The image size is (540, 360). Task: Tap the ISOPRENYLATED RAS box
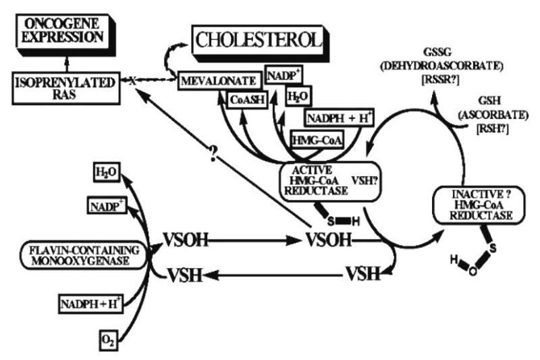click(66, 88)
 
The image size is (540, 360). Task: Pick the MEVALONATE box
click(219, 81)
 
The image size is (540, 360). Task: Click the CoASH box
click(248, 100)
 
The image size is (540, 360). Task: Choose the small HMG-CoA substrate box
click(317, 140)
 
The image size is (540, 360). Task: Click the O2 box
click(109, 340)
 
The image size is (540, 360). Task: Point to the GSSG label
click(437, 52)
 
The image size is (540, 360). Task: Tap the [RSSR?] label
click(440, 80)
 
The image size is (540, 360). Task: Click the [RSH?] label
click(493, 129)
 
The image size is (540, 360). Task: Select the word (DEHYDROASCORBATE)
click(441, 66)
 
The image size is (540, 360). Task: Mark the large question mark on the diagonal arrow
click(213, 153)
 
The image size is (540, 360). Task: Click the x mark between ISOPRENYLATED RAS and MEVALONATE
click(132, 81)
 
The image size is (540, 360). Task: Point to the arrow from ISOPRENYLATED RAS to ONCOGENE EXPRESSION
click(67, 64)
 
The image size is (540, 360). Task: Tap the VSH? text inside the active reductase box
click(364, 180)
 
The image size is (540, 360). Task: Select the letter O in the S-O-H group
click(473, 272)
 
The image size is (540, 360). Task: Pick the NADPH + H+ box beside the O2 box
click(90, 304)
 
